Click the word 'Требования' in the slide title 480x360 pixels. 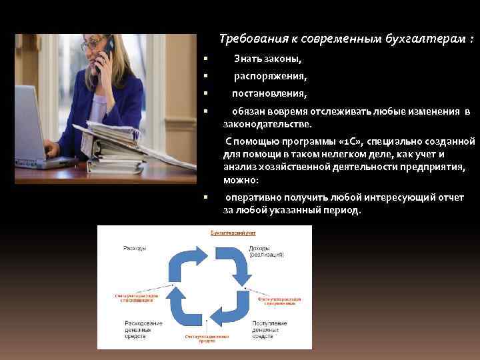pos(250,39)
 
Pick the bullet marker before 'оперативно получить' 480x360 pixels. pos(207,197)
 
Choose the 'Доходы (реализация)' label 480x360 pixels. pos(267,251)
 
